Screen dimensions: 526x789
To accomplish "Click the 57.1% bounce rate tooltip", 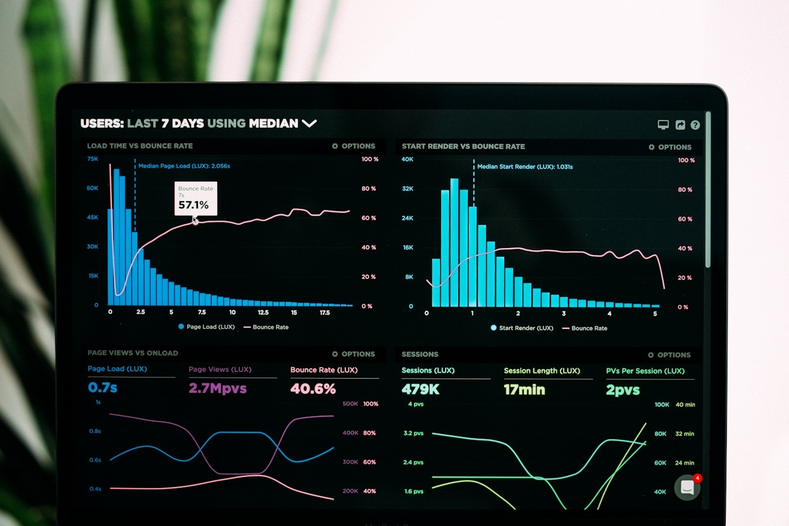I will [195, 199].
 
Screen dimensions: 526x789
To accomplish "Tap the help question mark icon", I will [695, 125].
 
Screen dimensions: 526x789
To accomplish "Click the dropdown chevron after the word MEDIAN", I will [309, 123].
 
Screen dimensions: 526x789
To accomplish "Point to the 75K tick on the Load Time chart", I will [93, 159].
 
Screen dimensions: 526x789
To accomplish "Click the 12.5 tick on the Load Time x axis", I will [263, 312].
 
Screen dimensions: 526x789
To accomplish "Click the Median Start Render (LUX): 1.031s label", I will [525, 167].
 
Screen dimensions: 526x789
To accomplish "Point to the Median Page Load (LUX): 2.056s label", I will [184, 166].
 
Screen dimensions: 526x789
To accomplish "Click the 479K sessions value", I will [420, 389].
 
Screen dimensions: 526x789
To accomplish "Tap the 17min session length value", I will [524, 390].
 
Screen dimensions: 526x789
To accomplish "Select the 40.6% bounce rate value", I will [313, 389].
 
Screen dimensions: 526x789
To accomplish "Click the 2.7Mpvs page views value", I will [217, 388].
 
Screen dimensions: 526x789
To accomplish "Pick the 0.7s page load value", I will [103, 388].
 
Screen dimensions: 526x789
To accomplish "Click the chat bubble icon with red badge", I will [688, 487].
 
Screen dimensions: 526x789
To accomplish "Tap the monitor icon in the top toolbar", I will [663, 125].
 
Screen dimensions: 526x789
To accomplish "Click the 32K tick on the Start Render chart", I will [407, 189].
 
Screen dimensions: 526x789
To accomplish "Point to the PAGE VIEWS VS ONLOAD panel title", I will [133, 353].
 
